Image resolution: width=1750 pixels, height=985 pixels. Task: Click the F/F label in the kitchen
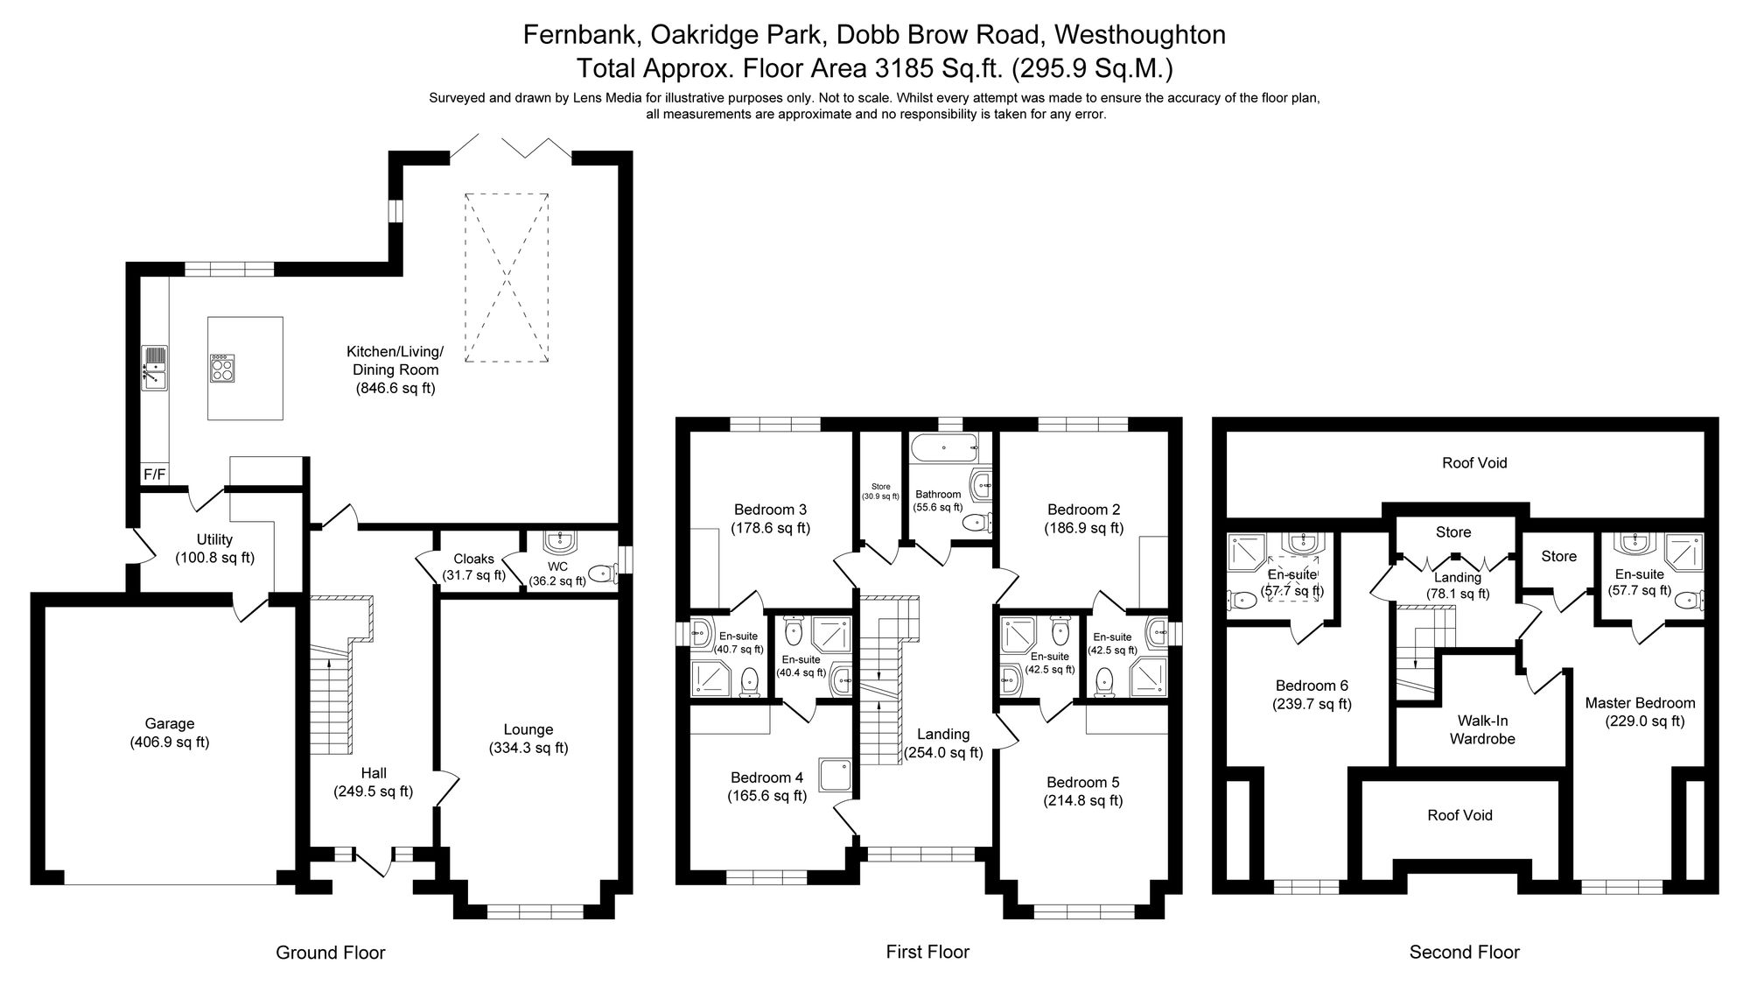pos(154,475)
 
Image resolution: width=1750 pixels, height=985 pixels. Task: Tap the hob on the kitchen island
pos(222,368)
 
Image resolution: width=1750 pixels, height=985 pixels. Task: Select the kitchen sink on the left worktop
pos(155,368)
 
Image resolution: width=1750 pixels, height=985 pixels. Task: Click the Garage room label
pos(170,724)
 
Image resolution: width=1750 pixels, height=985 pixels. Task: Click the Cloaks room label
pos(473,559)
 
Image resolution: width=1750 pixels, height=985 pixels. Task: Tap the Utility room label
pos(214,539)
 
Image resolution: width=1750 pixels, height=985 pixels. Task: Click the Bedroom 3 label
pos(770,510)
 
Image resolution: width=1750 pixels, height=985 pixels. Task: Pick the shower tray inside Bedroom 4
pos(834,774)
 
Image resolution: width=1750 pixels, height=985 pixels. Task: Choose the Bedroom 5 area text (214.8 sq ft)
pos(1083,800)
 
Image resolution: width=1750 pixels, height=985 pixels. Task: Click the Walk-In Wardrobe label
pos(1482,729)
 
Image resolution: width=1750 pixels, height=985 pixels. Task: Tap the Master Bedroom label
pos(1640,703)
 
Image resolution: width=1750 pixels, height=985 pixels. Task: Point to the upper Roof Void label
pos(1474,463)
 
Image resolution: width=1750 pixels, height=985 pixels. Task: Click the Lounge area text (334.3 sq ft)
pos(528,748)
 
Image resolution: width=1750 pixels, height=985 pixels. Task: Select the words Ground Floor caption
pos(331,953)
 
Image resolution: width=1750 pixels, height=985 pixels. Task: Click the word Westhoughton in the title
pos(1140,34)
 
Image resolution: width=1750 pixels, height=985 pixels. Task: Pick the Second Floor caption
pos(1465,952)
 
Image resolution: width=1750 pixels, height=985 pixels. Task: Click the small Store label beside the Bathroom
pos(880,487)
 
